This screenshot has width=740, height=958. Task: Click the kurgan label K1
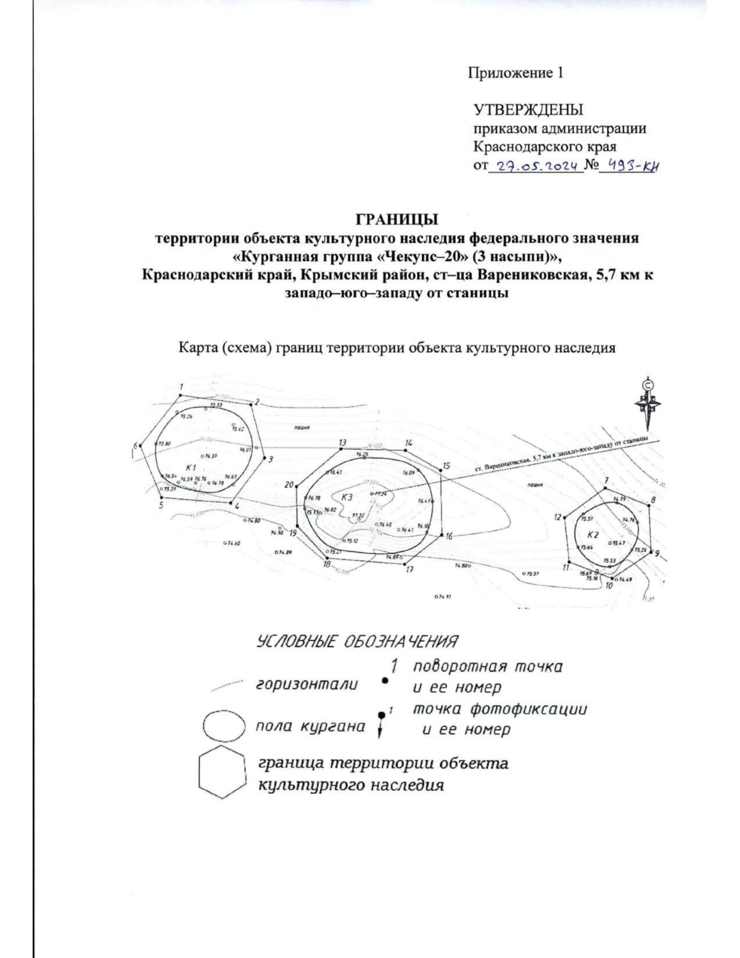191,467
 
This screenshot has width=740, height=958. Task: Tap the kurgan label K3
347,497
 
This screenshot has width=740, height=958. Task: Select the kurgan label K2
593,534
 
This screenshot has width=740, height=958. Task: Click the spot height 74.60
232,543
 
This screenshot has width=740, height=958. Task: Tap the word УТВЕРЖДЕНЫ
528,110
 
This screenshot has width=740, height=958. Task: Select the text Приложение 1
516,73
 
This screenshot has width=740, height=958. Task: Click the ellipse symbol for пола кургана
221,726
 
